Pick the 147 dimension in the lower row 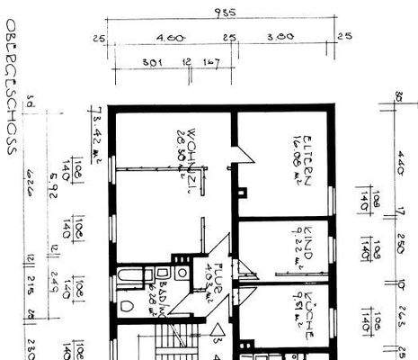pos(213,64)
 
